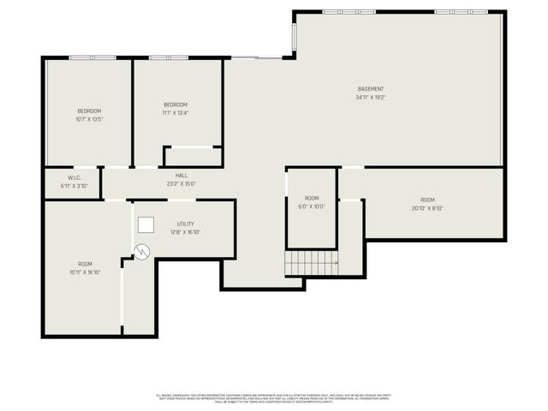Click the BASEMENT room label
click(371, 89)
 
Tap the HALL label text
click(182, 175)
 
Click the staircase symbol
click(311, 263)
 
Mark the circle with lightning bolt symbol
click(142, 251)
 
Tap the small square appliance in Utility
click(146, 224)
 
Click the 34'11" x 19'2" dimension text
click(371, 98)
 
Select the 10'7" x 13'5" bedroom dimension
click(89, 120)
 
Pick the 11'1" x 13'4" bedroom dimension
click(176, 113)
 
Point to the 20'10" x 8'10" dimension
click(427, 208)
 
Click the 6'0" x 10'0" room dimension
click(312, 206)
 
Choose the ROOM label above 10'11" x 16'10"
click(85, 264)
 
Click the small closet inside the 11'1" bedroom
click(193, 157)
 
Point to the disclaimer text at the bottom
click(274, 398)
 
